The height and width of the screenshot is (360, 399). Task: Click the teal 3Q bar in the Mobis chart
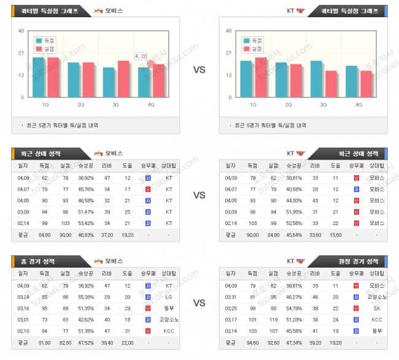coord(108,82)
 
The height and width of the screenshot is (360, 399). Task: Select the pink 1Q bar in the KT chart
coord(261,77)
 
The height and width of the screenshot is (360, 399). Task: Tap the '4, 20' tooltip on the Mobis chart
coord(141,56)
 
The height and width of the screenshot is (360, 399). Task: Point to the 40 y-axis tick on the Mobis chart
coord(21,31)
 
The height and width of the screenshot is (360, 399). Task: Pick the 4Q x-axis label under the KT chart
coord(360,105)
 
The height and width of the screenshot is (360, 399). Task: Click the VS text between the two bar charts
coord(199,70)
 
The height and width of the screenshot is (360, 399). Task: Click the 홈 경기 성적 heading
coord(40,261)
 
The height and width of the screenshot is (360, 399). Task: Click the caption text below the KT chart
coord(270,125)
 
